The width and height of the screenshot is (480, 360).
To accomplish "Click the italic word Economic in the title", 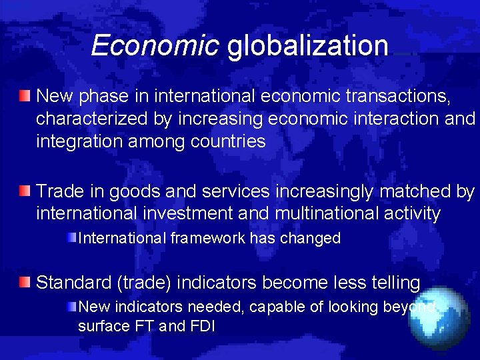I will pos(155,45).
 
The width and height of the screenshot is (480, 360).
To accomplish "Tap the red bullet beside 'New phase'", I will pos(25,97).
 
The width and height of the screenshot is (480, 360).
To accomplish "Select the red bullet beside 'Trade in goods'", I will pos(25,192).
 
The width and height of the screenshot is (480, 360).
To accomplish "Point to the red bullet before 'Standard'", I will pos(25,283).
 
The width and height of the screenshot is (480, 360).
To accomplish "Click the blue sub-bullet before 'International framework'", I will pos(71,238).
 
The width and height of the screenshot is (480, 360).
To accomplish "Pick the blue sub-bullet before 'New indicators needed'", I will pos(71,307).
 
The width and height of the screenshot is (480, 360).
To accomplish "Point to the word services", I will pos(232,192).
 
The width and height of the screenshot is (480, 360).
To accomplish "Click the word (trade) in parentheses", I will pos(145,283).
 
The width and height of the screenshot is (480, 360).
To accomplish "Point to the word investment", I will pos(217,214).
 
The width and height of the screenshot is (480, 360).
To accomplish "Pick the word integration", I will pos(79,142).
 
